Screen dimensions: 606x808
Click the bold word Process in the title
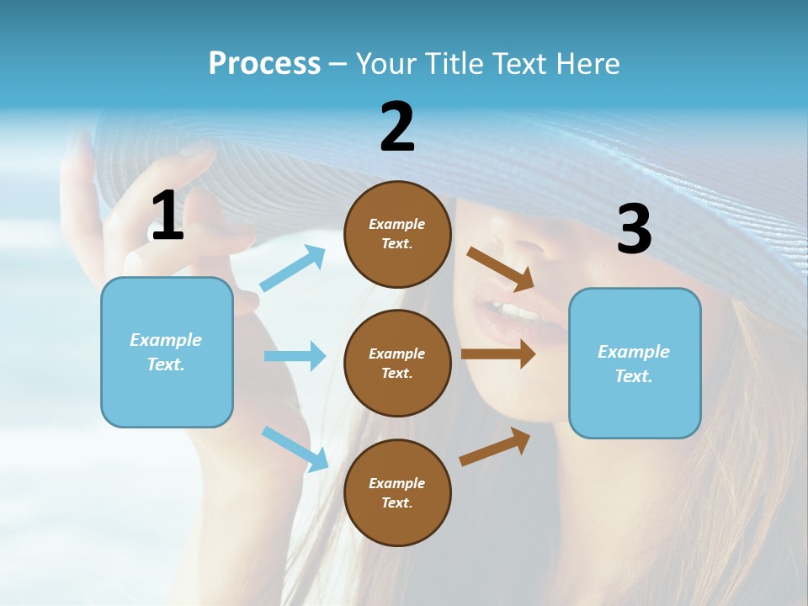point(264,64)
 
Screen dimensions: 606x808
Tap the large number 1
point(167,216)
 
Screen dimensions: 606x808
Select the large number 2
point(397,126)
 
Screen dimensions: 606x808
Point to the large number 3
point(634,230)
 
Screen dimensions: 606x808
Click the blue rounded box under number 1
point(167,352)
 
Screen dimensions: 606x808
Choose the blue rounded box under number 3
point(635,363)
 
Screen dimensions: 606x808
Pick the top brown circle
point(397,233)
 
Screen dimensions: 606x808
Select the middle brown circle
point(397,363)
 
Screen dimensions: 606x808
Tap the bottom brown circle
point(397,492)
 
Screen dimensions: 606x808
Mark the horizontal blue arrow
point(295,356)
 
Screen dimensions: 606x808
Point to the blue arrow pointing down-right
point(295,449)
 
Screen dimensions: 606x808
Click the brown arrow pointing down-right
point(501,268)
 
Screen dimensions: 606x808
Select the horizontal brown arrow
point(498,353)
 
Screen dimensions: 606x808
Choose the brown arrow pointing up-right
point(495,446)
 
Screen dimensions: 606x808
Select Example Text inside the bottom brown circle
point(397,492)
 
